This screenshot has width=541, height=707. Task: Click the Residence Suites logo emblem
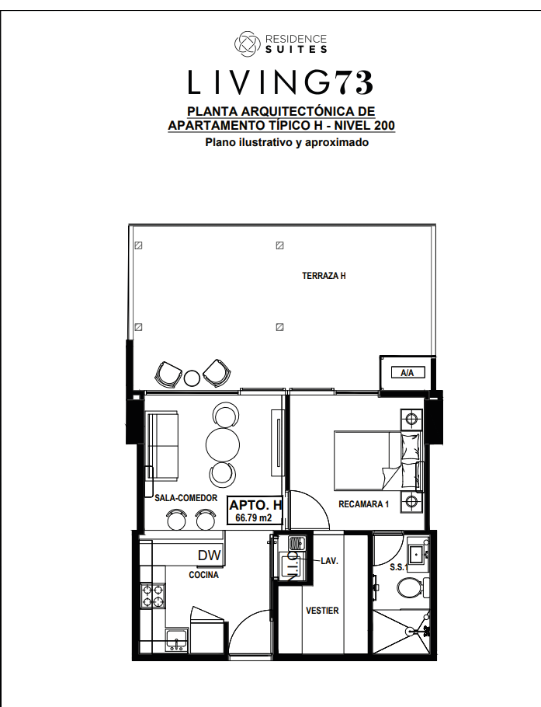248,44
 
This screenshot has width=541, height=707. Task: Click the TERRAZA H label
324,276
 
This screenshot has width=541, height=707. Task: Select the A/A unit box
407,373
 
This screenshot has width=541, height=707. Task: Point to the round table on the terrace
192,378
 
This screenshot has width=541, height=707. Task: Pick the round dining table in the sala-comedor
223,444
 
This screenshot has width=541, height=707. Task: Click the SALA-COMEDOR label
186,498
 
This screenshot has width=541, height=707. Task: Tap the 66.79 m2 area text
254,517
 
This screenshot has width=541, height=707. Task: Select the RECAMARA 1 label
363,504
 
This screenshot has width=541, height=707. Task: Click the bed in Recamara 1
378,461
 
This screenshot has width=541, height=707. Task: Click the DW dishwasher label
210,555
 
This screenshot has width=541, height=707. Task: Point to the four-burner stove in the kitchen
153,596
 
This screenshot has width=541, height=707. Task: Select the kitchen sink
176,640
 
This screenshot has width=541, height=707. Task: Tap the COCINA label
203,575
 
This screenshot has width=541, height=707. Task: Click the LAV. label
329,562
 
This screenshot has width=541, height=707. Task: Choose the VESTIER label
322,611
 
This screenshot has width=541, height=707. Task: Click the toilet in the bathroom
411,588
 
